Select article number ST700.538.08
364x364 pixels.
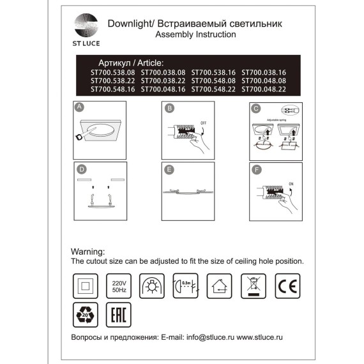(x=112, y=73)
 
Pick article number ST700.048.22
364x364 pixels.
(x=264, y=90)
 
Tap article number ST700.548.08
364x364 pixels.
(x=213, y=82)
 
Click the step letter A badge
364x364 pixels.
(x=79, y=108)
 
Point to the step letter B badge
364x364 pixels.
(x=169, y=109)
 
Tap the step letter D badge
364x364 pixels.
(x=80, y=170)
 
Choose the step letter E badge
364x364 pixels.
(x=169, y=170)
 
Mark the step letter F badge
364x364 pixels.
(x=255, y=170)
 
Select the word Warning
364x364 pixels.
(x=87, y=252)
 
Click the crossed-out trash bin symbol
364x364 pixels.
(x=253, y=284)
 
